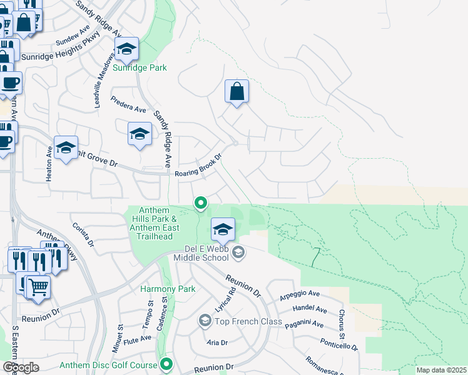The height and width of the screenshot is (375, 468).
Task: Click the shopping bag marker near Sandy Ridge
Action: [x=237, y=92]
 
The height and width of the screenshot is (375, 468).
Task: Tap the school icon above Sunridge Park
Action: [x=126, y=49]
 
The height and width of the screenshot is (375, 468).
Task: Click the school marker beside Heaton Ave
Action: [x=66, y=149]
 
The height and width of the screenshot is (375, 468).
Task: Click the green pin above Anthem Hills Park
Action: [x=201, y=202]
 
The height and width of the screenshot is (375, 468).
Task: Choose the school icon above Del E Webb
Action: [x=223, y=229]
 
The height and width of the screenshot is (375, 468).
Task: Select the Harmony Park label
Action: [x=168, y=289]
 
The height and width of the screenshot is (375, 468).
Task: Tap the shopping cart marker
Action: [x=39, y=287]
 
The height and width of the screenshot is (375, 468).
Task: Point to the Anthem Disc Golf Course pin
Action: [x=166, y=363]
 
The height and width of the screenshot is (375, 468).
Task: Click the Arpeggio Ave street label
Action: [x=300, y=293]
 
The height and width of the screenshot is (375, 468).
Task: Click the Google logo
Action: [x=21, y=367]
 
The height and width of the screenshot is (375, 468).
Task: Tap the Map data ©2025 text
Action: [x=440, y=370]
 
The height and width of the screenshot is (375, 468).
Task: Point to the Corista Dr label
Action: [x=83, y=234]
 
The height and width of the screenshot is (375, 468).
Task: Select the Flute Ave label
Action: [x=138, y=338]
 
